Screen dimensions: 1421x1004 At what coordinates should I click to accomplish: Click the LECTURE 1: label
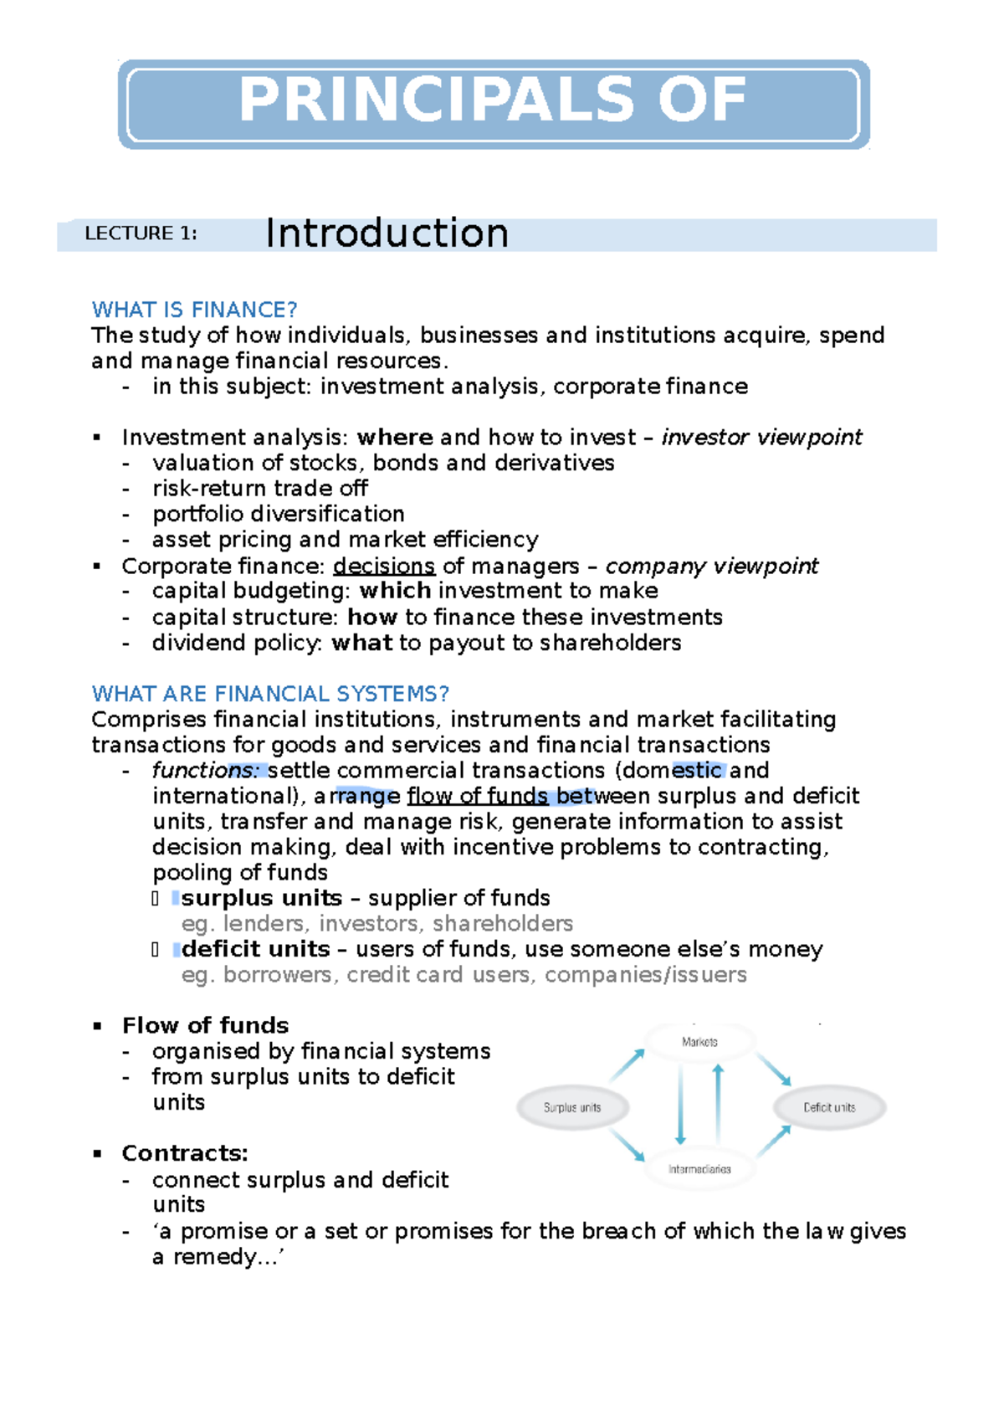point(141,233)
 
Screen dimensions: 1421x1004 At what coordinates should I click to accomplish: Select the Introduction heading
point(387,233)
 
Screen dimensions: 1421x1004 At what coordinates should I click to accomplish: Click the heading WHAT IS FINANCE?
point(194,310)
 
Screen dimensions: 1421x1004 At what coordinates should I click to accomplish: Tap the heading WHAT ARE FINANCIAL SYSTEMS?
point(270,694)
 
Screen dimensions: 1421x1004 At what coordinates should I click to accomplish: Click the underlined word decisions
point(384,567)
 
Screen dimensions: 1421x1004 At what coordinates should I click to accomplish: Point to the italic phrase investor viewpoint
point(761,438)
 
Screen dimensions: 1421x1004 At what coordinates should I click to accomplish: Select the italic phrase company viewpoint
point(711,567)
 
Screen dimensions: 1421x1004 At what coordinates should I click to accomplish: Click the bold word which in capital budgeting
point(395,591)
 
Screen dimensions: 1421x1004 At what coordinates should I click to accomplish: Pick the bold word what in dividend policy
point(361,643)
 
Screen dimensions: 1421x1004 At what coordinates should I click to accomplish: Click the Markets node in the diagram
point(699,1042)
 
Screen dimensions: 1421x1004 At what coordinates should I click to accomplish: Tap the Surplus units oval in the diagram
point(572,1107)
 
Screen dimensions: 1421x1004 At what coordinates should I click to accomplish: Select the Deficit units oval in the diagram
point(829,1107)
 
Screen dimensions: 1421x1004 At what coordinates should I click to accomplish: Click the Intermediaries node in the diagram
point(699,1169)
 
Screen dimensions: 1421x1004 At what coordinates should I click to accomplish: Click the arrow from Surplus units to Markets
point(627,1065)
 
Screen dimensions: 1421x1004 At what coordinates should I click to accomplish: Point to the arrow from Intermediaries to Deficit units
point(774,1141)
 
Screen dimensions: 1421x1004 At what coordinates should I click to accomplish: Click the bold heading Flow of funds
point(205,1026)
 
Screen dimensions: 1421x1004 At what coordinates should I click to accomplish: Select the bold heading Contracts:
point(185,1153)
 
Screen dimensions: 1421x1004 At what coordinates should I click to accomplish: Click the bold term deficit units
point(255,949)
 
